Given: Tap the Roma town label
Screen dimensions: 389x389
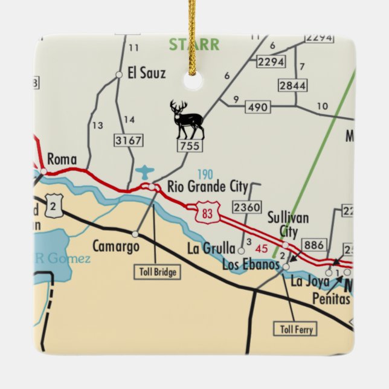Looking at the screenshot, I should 62,159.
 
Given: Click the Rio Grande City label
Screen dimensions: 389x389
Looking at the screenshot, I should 207,186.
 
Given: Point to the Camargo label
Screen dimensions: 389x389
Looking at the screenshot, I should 115,246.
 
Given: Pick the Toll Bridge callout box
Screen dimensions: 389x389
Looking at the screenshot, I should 156,272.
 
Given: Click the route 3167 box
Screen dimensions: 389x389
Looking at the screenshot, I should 128,141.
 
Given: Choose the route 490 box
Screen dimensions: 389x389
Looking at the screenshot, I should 257,108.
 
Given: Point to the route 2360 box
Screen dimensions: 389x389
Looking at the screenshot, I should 247,207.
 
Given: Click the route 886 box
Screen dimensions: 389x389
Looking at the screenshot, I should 313,245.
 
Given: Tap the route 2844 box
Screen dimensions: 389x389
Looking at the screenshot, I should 292,85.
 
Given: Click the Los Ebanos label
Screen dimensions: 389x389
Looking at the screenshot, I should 251,265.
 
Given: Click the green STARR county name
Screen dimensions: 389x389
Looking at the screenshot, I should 194,45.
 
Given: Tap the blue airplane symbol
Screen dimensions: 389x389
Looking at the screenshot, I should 145,173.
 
